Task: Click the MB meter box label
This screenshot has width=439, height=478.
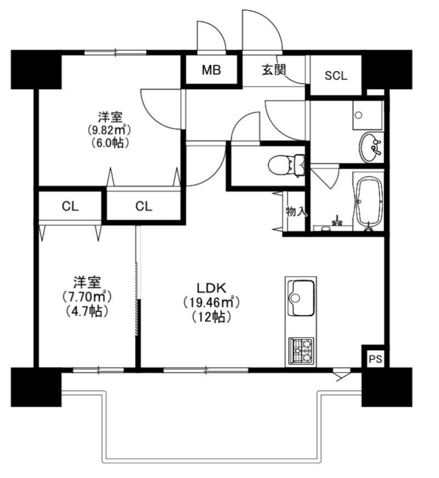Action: [211, 70]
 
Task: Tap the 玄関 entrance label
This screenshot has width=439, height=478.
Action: [274, 70]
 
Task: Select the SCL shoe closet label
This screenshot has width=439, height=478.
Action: [336, 75]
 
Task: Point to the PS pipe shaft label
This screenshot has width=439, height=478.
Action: [375, 359]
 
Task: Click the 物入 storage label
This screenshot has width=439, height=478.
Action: [295, 211]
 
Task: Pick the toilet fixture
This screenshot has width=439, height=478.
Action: [286, 165]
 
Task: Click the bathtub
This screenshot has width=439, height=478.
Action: [369, 202]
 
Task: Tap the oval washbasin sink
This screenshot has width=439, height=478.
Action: [370, 148]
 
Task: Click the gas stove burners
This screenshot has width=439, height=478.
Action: [301, 351]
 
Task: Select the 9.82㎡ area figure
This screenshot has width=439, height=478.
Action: [110, 130]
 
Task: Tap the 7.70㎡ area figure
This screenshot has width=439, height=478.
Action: [87, 296]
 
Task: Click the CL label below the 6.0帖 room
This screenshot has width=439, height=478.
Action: [144, 207]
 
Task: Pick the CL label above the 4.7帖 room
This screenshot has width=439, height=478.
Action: [70, 207]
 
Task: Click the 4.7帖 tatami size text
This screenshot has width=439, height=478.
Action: [87, 311]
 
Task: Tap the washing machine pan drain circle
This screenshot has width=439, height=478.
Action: [358, 115]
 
